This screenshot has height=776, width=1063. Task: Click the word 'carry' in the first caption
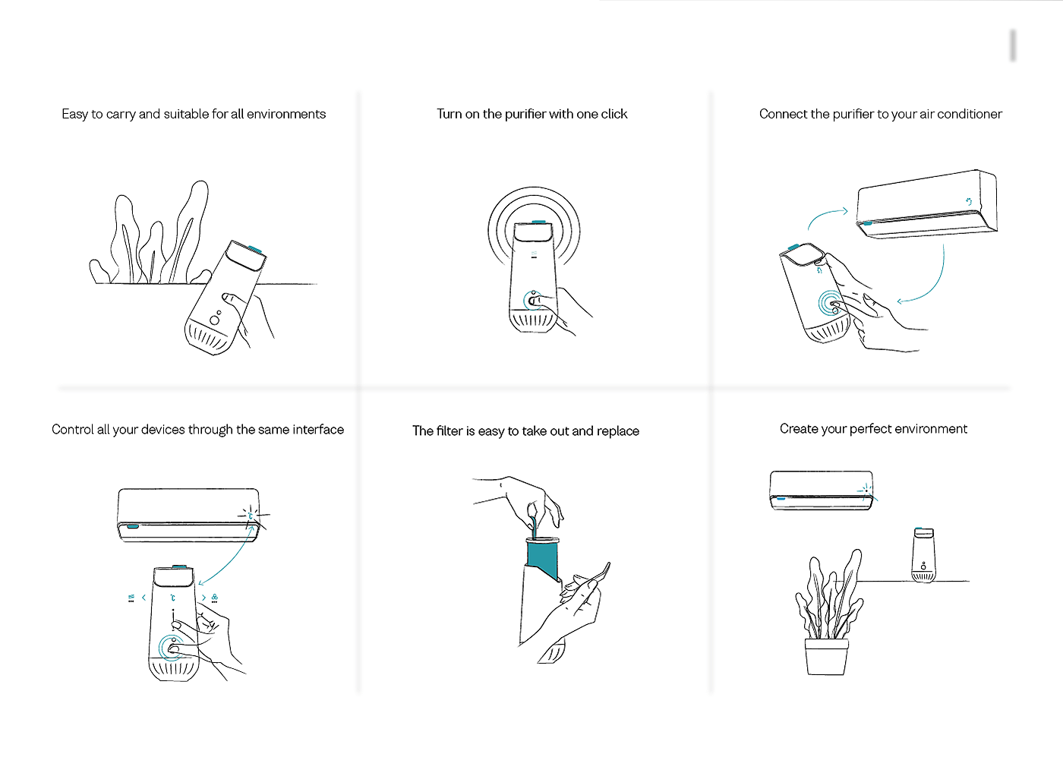[x=121, y=115]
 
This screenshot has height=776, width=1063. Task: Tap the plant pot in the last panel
[x=826, y=657]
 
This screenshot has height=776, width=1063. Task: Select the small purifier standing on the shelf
[x=923, y=555]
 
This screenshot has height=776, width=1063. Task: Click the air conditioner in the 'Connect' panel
[x=927, y=204]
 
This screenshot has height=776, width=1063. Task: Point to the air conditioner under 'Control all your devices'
[x=188, y=515]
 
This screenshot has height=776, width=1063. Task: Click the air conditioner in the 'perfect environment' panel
[x=822, y=491]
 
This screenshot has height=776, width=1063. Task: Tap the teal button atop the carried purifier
[x=255, y=250]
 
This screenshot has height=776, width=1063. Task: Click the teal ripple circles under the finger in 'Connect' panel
[x=831, y=303]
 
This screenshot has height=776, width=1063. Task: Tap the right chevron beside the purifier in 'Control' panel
[x=204, y=598]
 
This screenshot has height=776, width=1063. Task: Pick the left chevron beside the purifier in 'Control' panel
[x=144, y=598]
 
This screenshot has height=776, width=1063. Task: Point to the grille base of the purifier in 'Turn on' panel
[x=533, y=321]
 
